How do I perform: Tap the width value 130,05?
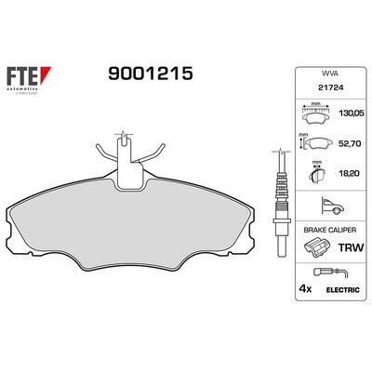352,116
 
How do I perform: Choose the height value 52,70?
352,144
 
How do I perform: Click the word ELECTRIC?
341,290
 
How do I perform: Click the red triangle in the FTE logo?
46,71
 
